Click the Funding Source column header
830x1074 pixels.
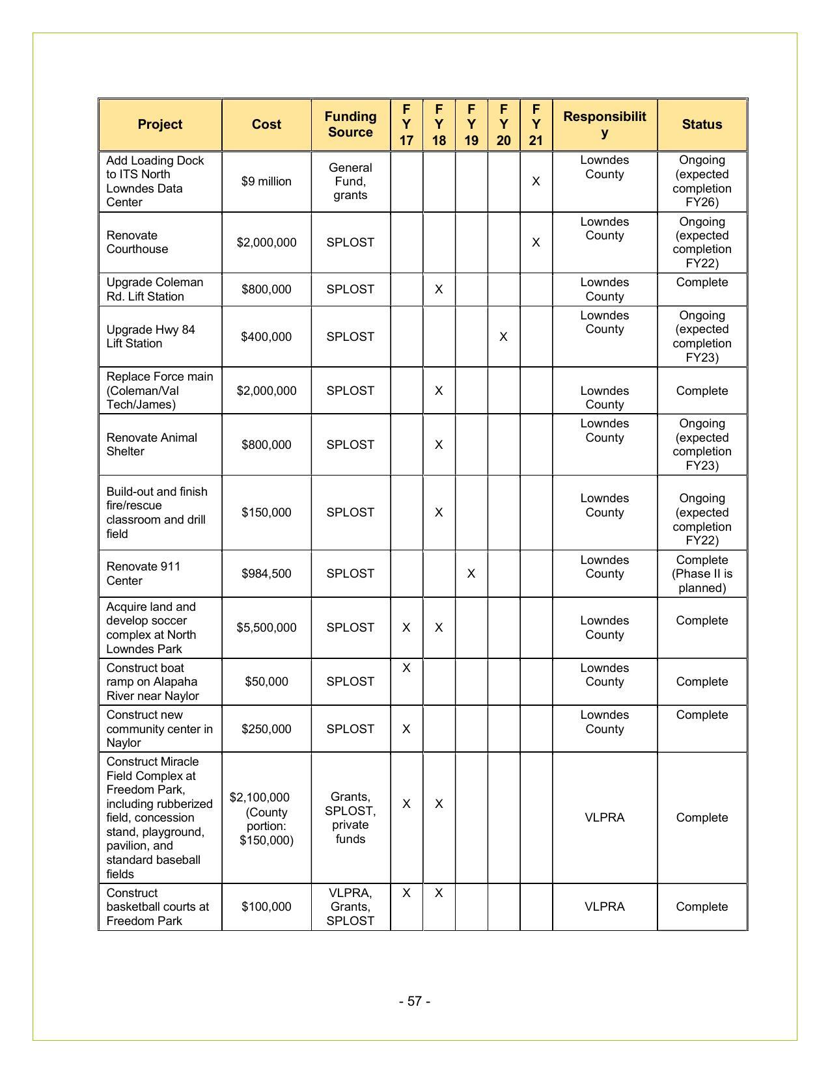pos(350,124)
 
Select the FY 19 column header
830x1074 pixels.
pos(471,124)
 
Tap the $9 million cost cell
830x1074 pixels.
pos(266,181)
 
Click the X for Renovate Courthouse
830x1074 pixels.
pos(536,243)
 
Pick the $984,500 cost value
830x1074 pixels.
pos(266,574)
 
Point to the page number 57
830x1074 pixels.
pos(415,1001)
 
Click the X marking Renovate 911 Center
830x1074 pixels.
pos(471,574)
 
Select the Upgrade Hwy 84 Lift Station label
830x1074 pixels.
pos(150,336)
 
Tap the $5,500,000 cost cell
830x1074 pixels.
pos(266,628)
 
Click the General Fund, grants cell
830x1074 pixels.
pos(350,181)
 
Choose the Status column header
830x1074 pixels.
pos(702,124)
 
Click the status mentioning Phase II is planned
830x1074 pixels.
pos(702,574)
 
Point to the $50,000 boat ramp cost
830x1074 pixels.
pos(266,682)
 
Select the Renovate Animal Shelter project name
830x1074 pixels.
pos(151,444)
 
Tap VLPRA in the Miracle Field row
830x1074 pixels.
pos(604,818)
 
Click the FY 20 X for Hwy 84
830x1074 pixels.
pos(503,337)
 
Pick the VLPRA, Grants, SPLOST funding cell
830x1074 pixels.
pos(350,907)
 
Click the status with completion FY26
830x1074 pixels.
pos(702,181)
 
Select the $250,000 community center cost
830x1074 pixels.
pos(266,729)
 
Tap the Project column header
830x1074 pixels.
pos(159,124)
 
